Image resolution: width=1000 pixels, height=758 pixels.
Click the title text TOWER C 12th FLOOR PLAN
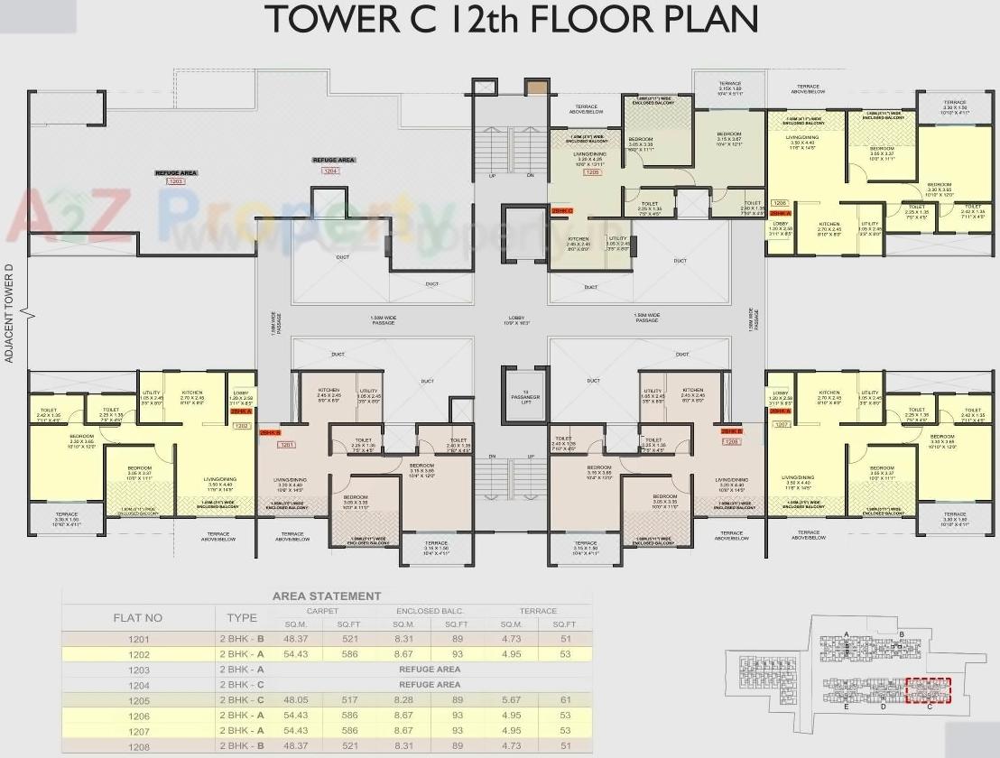pos(510,20)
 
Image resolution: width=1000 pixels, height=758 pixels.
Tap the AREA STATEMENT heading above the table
pos(327,596)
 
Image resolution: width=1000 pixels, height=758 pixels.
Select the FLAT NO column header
pos(138,618)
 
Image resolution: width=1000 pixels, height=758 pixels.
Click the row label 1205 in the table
pos(138,699)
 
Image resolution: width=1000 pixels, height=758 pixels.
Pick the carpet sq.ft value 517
pos(348,699)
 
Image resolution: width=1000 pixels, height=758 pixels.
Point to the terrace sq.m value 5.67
pos(511,699)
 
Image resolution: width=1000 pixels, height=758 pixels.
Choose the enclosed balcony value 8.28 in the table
pos(403,699)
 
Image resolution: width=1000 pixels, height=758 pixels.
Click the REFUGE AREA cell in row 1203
pos(430,670)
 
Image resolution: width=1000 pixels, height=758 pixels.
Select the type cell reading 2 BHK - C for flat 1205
pos(241,699)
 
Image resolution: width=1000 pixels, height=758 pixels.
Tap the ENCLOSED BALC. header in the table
pos(431,611)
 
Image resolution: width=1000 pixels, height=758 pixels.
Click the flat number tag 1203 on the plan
pos(175,181)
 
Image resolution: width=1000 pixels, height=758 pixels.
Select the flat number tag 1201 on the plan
pos(288,445)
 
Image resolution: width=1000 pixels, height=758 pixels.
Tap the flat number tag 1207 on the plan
pos(781,423)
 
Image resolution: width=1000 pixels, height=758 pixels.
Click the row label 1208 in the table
pos(138,745)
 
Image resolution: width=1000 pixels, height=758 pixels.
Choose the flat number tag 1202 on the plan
pos(241,424)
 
